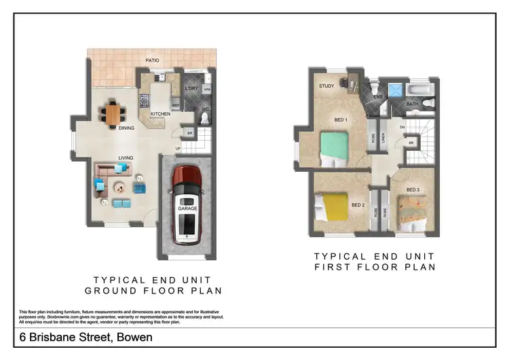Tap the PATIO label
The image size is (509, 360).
pyautogui.click(x=152, y=60)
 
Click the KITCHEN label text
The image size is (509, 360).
pyautogui.click(x=160, y=113)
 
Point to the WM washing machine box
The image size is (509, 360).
pyautogui.click(x=207, y=89)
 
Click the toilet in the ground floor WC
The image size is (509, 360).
pyautogui.click(x=206, y=118)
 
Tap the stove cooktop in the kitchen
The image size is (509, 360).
pyautogui.click(x=144, y=101)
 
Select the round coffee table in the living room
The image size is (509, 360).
pyautogui.click(x=120, y=187)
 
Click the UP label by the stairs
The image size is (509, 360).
pyautogui.click(x=178, y=149)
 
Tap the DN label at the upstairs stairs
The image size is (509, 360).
pyautogui.click(x=402, y=127)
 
